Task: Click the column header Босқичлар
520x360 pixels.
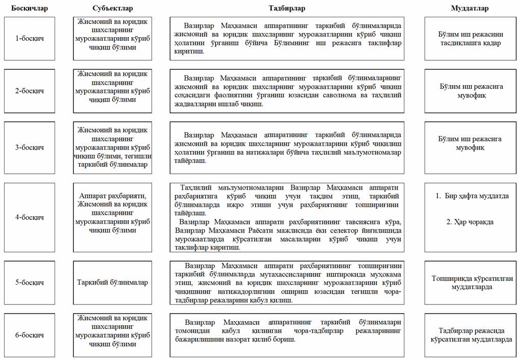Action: pyautogui.click(x=29, y=8)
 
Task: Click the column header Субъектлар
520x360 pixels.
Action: pyautogui.click(x=113, y=8)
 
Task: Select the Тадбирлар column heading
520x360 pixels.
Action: pyautogui.click(x=287, y=8)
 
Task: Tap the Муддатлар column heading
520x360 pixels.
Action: pyautogui.click(x=470, y=8)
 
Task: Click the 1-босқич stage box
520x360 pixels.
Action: pyautogui.click(x=29, y=39)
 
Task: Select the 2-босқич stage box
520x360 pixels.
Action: pyautogui.click(x=29, y=91)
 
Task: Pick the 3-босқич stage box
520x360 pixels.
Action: pyautogui.click(x=29, y=148)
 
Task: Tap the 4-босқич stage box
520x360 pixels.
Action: pyautogui.click(x=29, y=217)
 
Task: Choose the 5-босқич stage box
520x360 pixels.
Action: pyautogui.click(x=29, y=282)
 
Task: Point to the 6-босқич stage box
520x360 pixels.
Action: pyautogui.click(x=29, y=335)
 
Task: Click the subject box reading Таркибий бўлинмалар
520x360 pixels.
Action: pyautogui.click(x=113, y=282)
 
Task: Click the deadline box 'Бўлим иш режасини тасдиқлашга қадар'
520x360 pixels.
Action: pyautogui.click(x=470, y=39)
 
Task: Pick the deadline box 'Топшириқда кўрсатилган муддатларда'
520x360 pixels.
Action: pyautogui.click(x=470, y=282)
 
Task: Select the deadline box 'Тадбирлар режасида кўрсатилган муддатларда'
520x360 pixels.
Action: pyautogui.click(x=470, y=335)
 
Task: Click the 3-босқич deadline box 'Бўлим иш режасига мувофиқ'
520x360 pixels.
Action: pyautogui.click(x=470, y=143)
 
